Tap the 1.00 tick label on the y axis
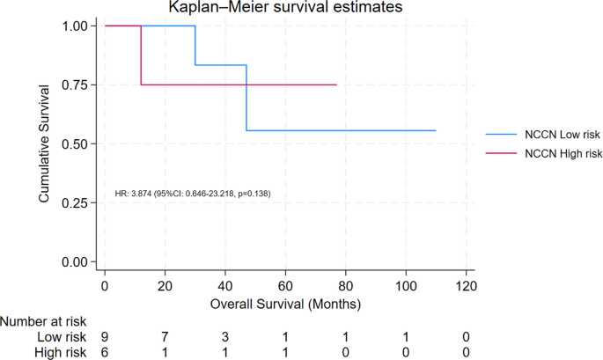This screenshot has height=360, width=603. (73, 26)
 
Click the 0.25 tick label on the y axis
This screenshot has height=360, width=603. (73, 202)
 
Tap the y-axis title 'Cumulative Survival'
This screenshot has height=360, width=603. (43, 144)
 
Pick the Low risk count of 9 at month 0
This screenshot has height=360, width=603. (105, 337)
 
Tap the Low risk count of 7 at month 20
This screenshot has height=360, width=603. (165, 337)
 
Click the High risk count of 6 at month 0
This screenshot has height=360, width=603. (105, 352)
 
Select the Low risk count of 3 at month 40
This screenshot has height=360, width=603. (225, 337)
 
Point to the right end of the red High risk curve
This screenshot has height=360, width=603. (336, 84)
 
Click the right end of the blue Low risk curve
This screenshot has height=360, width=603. (436, 130)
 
